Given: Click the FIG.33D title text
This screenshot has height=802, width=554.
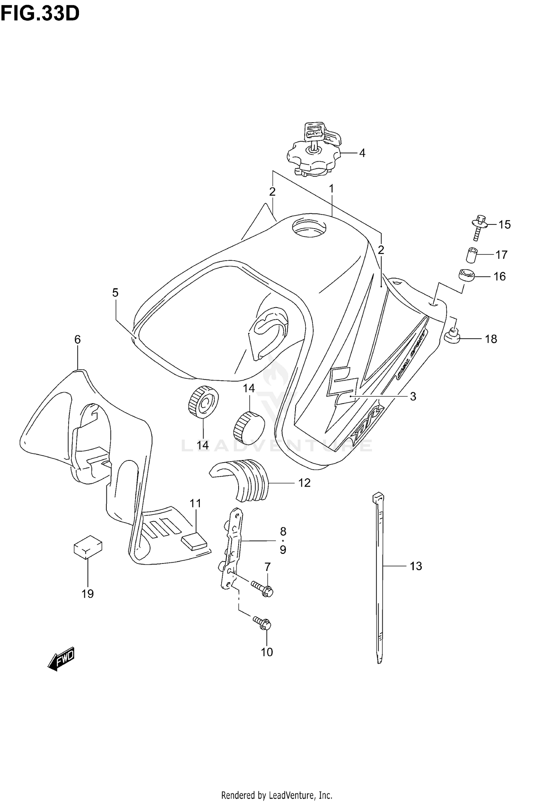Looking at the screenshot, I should tap(40, 14).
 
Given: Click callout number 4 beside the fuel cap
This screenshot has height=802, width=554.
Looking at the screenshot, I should tap(362, 153).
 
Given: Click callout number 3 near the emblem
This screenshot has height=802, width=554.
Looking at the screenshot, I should tap(413, 396).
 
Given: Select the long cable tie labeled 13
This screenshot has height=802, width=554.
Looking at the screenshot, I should tap(380, 576).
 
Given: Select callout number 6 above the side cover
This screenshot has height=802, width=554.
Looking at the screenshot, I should tap(77, 339).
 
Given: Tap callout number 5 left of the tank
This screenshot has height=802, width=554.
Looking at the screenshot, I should tap(115, 293).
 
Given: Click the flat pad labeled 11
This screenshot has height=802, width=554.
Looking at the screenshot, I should tap(194, 541).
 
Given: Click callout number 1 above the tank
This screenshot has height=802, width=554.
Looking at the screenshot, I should tap(331, 189).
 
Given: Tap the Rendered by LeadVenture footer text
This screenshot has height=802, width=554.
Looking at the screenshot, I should tap(277, 792).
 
